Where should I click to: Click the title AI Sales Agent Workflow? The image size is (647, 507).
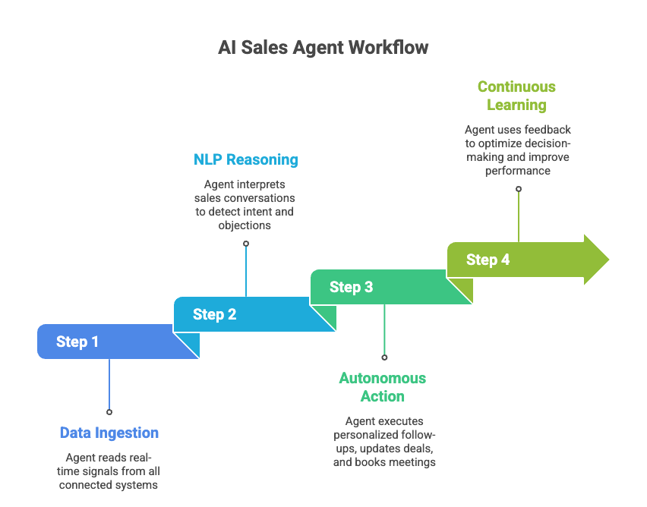[323, 47]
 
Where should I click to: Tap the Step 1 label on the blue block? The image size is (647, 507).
[77, 342]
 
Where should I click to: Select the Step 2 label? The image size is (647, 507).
[214, 314]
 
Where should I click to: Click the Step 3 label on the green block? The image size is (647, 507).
[351, 287]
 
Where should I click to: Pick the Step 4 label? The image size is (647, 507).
[488, 260]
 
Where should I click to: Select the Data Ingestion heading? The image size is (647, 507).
[109, 433]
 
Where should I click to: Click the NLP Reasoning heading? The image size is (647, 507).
[245, 159]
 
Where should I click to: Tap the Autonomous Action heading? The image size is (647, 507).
[383, 387]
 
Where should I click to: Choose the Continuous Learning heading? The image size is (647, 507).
[516, 96]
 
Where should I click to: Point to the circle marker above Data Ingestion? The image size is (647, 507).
[109, 412]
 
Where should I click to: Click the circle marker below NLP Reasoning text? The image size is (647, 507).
[246, 244]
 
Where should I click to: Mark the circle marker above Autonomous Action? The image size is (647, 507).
[384, 357]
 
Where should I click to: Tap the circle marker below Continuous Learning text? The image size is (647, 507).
[519, 189]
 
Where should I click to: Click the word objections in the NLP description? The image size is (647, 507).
[245, 225]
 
